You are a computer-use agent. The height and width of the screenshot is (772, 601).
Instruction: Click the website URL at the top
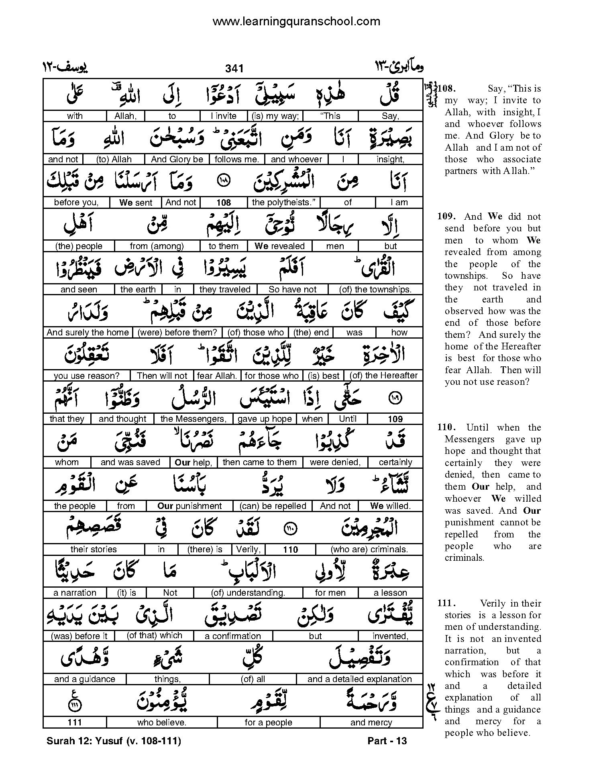click(296, 21)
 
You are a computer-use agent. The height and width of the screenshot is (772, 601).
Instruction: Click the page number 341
click(234, 69)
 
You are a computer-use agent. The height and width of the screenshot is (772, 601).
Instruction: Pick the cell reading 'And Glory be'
click(177, 159)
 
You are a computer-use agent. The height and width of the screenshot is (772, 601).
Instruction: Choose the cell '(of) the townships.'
click(375, 289)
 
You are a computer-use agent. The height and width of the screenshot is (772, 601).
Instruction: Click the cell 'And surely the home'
click(88, 333)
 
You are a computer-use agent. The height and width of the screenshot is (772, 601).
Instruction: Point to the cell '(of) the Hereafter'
click(383, 376)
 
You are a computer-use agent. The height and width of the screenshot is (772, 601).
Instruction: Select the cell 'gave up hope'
click(265, 419)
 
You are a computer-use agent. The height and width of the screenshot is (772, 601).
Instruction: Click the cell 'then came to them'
click(259, 462)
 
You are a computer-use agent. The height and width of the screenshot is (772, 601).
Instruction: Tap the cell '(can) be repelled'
click(273, 506)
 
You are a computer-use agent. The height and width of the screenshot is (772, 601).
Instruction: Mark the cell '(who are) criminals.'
click(369, 549)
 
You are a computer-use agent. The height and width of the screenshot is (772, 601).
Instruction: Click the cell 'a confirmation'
click(233, 636)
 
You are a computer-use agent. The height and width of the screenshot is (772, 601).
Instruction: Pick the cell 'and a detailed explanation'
click(359, 679)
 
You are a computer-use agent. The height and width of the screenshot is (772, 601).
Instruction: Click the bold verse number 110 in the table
click(290, 549)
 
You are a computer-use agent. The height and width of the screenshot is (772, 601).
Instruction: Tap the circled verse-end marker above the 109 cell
click(395, 398)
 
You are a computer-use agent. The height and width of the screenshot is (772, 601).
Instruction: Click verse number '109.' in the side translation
click(446, 216)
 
